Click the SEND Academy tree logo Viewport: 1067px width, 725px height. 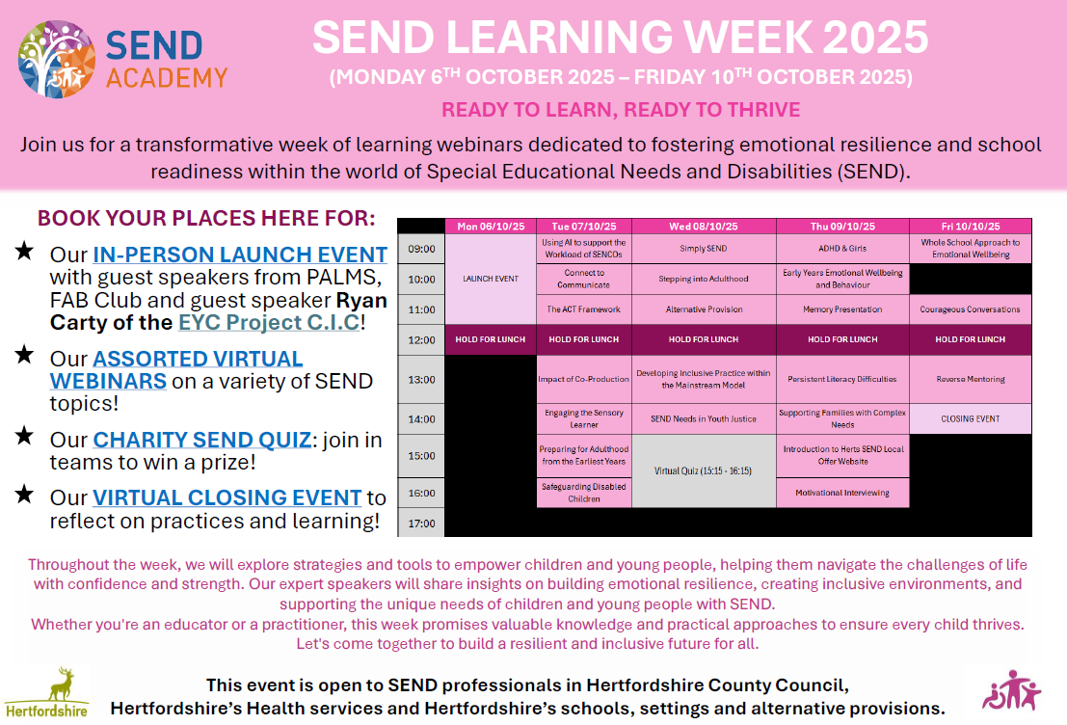pos(57,59)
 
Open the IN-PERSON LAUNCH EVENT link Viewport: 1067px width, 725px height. pos(240,255)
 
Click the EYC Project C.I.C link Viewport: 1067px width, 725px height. pos(269,322)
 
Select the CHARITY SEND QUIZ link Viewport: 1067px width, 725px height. pos(202,440)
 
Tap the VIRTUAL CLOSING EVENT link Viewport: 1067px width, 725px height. pos(227,497)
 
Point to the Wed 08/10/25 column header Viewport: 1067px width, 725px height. pos(704,226)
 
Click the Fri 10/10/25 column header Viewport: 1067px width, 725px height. pos(971,226)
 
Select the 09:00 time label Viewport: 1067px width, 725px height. pos(421,249)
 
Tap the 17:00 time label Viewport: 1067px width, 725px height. pos(421,523)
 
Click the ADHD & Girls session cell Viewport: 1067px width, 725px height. pos(842,249)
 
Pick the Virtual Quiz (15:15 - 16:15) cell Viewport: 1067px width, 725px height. pos(704,471)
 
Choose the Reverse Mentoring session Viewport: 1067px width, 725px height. pos(971,379)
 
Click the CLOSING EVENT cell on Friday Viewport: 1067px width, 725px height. pos(971,418)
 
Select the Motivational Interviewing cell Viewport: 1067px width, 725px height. pos(842,493)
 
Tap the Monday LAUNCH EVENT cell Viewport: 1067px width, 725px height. pos(491,280)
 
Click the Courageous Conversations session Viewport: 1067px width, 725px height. pos(971,309)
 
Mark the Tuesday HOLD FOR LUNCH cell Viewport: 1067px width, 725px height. pos(584,339)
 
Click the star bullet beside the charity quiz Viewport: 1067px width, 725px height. pos(24,436)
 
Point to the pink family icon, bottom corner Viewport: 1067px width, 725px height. pos(1011,690)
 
